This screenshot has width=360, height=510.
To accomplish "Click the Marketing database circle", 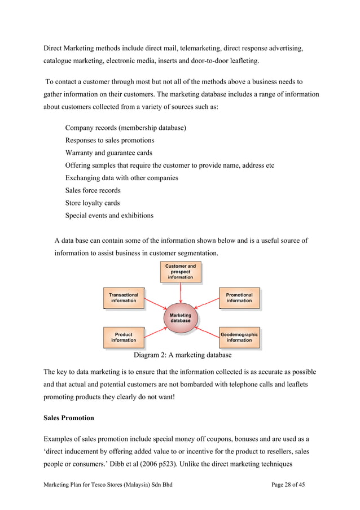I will click(x=181, y=318).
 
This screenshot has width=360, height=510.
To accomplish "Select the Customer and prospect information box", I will click(x=181, y=272).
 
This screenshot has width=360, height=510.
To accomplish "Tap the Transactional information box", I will click(x=124, y=298).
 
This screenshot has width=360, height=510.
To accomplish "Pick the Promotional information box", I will click(x=239, y=298).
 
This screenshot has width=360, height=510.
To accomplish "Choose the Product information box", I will click(x=124, y=337).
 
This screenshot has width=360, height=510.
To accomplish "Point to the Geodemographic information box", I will click(x=239, y=337).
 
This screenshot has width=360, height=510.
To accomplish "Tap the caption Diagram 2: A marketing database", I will click(x=182, y=355).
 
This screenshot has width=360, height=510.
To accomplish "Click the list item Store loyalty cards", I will click(x=93, y=203).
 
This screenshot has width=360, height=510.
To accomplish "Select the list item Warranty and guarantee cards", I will click(x=108, y=152).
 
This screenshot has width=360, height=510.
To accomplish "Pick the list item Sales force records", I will click(x=93, y=190).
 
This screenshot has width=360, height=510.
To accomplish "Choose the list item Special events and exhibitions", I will click(x=109, y=215).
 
